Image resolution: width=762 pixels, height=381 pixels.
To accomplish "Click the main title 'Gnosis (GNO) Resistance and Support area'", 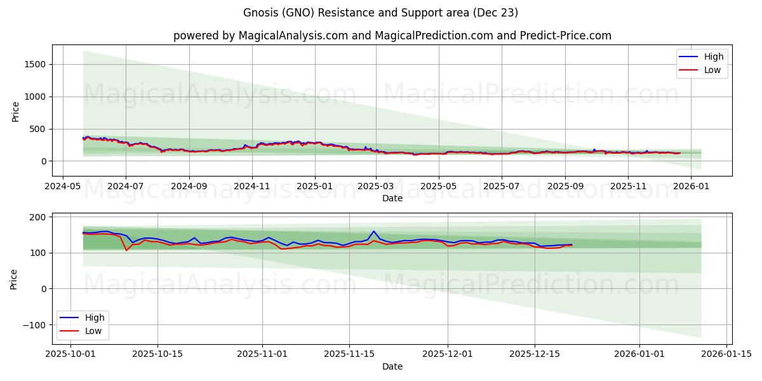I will click(380, 13).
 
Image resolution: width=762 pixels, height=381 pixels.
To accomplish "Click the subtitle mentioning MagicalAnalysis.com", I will click(392, 36).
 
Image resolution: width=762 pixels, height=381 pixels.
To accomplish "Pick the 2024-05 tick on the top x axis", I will click(62, 187).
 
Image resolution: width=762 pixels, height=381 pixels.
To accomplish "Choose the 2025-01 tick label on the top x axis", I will click(314, 187).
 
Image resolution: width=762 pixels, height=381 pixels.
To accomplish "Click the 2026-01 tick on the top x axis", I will click(690, 187).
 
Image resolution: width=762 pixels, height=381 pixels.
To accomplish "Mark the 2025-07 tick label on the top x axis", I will click(501, 187).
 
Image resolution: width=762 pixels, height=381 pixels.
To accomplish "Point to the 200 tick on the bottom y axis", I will click(38, 217).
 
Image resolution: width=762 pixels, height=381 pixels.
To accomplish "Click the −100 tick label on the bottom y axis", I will click(34, 324).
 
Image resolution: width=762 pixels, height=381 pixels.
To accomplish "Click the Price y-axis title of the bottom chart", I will click(14, 279).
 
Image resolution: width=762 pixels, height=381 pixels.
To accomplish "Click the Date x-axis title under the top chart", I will click(392, 198).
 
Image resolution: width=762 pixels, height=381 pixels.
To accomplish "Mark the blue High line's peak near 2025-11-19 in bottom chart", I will click(373, 231).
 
